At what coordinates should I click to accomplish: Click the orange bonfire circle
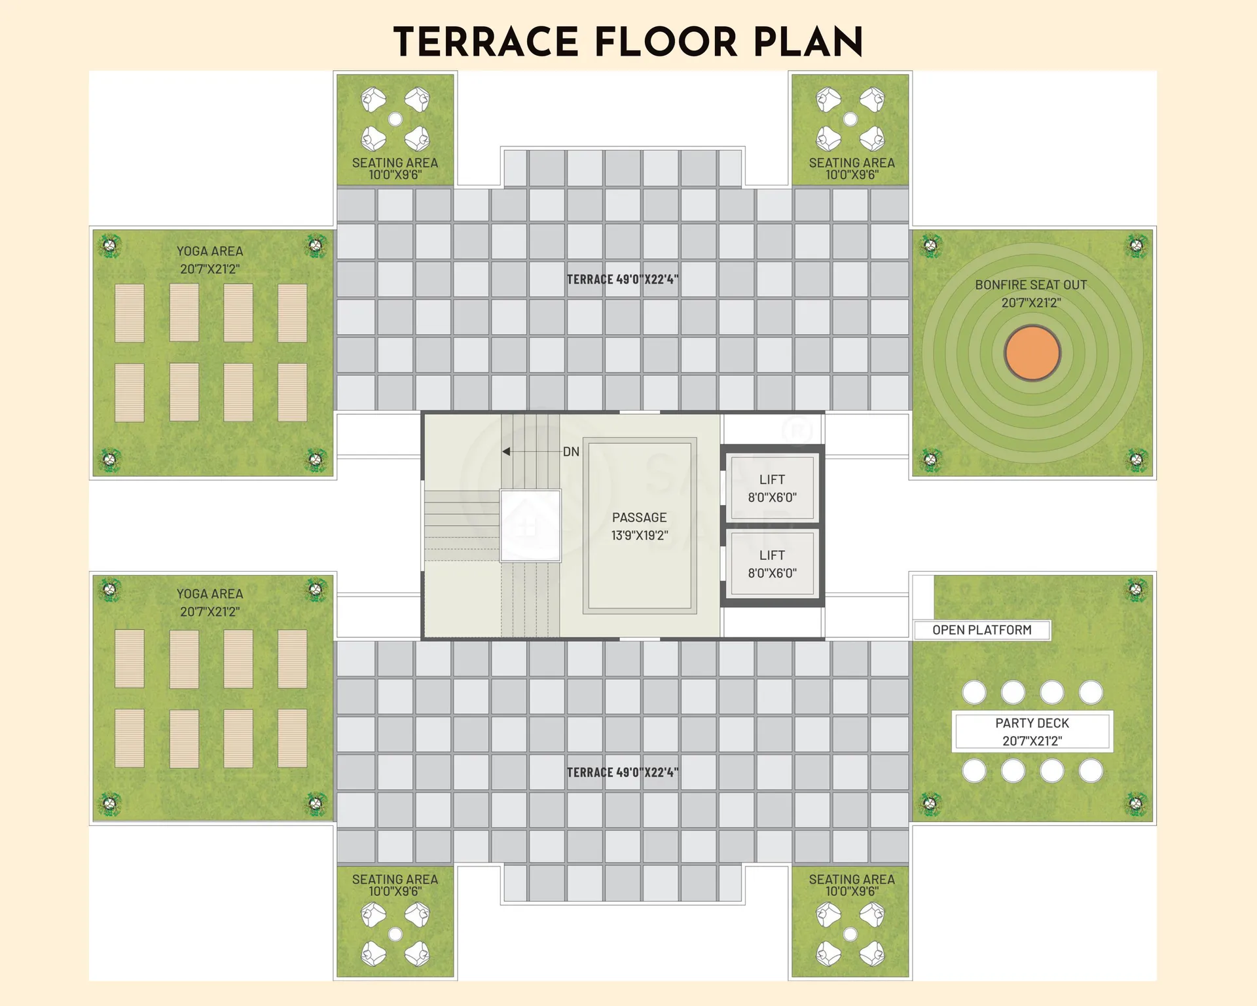(x=1032, y=353)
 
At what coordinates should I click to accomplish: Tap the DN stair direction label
(x=571, y=452)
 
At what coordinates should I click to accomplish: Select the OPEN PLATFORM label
(x=982, y=630)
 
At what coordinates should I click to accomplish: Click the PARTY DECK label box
(x=1032, y=732)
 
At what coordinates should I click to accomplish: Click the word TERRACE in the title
(x=486, y=43)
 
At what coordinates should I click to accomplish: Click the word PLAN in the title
(x=809, y=43)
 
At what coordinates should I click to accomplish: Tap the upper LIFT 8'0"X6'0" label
(x=773, y=489)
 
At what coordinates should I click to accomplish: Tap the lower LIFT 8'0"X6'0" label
(x=773, y=564)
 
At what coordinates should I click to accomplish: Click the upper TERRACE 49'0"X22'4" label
(x=623, y=280)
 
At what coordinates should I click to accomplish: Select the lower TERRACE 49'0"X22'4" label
(x=623, y=773)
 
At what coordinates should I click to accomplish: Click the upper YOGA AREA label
(x=209, y=260)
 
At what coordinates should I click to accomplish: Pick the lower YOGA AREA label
(x=209, y=603)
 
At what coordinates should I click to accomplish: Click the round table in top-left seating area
(x=395, y=119)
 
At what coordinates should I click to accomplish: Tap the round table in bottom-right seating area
(x=850, y=934)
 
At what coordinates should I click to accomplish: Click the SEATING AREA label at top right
(x=852, y=168)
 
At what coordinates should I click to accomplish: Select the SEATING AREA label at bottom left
(x=395, y=885)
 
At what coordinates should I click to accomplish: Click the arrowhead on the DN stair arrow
(x=506, y=451)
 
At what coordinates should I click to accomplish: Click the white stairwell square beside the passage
(x=530, y=525)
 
